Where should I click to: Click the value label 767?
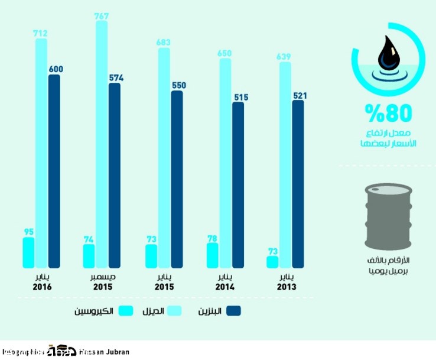(101, 17)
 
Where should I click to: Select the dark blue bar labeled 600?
(54, 171)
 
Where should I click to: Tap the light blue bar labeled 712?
(41, 154)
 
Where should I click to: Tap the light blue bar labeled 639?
(285, 165)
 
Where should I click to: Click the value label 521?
(299, 95)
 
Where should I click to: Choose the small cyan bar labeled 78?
(213, 255)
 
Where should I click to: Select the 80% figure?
(387, 112)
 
